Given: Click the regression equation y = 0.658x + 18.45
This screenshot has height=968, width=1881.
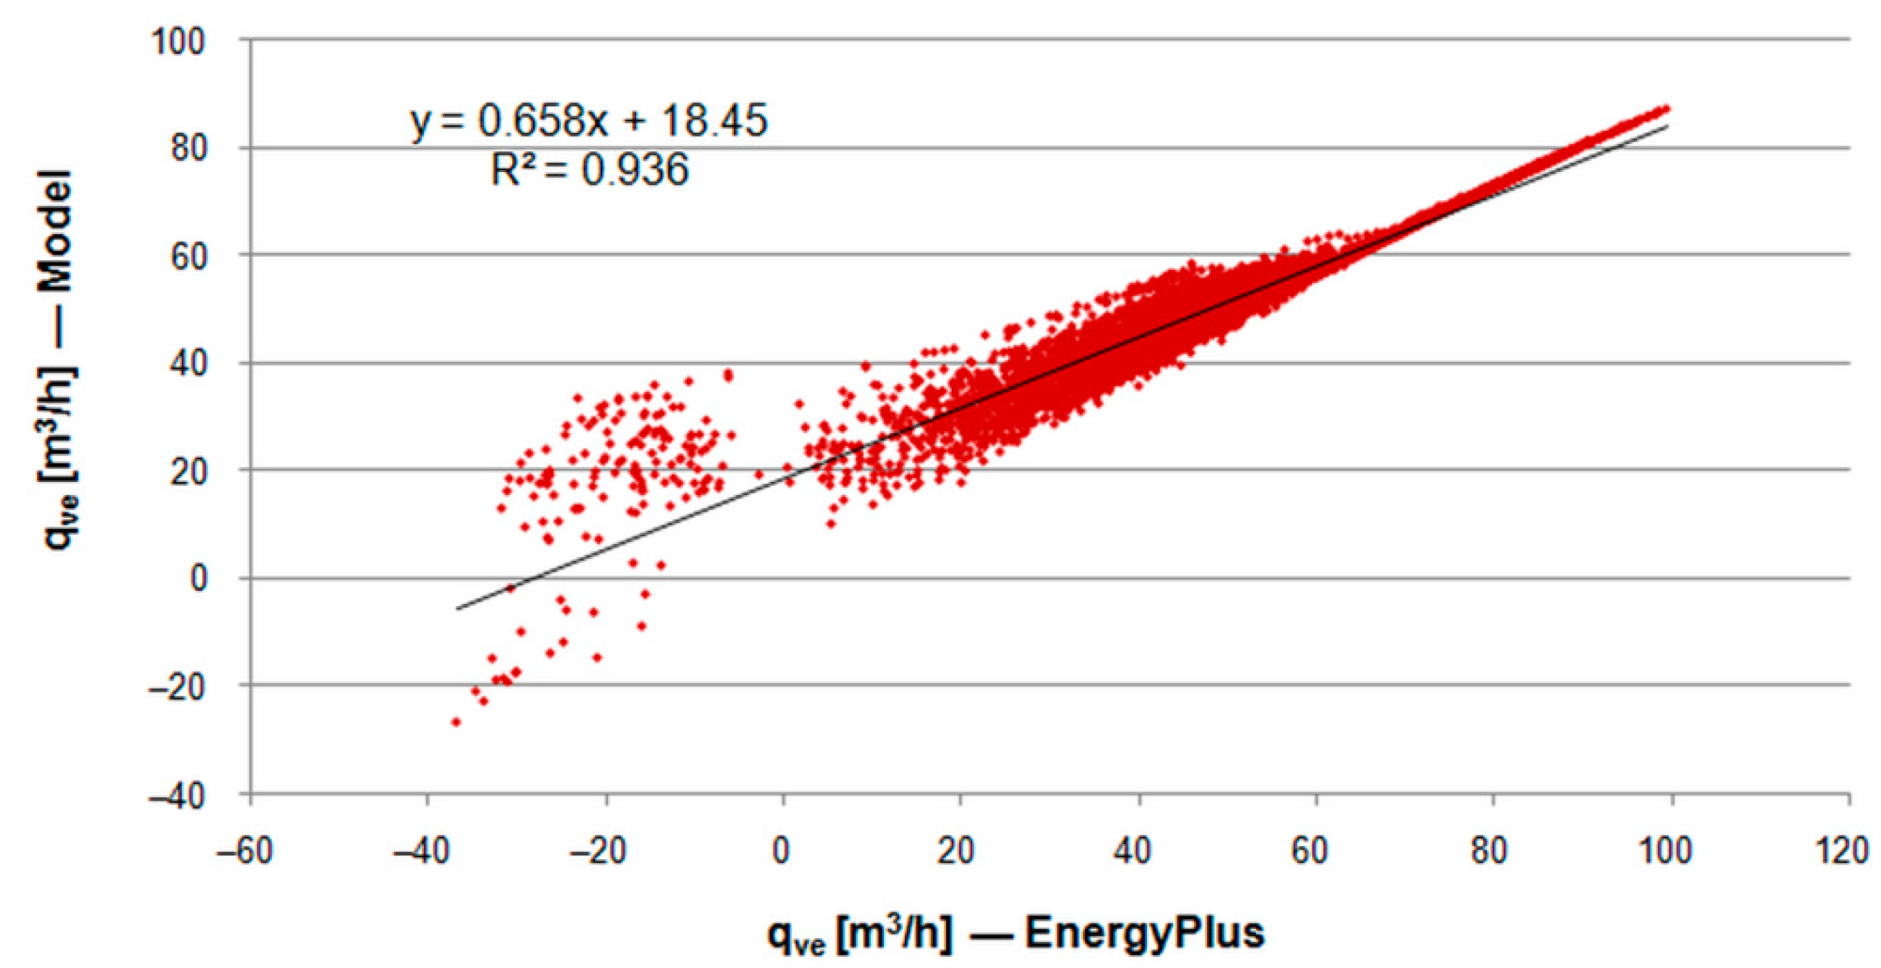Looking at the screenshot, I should pyautogui.click(x=589, y=120).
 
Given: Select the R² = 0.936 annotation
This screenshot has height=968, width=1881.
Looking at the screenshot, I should pyautogui.click(x=589, y=171).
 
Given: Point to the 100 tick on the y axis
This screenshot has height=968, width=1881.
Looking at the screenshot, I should pyautogui.click(x=178, y=41).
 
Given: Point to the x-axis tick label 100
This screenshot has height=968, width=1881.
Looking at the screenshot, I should pyautogui.click(x=1669, y=851).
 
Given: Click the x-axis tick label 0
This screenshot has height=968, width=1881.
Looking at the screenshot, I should pyautogui.click(x=783, y=851).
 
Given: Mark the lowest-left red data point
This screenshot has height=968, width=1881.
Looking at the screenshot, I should pyautogui.click(x=456, y=722).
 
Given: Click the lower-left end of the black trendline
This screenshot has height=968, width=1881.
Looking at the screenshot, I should pyautogui.click(x=458, y=608).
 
